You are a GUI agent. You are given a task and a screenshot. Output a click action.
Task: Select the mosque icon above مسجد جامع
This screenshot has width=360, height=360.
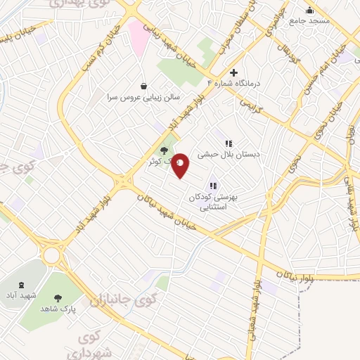point(310,10)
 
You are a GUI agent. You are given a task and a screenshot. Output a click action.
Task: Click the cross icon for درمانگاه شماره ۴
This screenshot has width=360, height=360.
point(234,72)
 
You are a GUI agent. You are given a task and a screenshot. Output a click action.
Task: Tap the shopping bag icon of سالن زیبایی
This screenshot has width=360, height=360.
point(143,86)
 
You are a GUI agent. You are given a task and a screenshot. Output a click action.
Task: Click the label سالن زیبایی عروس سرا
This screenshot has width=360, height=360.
point(143,96)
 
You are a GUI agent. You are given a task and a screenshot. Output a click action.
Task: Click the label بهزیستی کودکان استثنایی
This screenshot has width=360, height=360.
point(214,202)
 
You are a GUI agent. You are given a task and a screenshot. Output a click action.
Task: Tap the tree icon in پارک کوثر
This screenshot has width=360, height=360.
point(165,150)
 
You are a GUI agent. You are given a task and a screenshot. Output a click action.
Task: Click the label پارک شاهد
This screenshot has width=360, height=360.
point(58,309)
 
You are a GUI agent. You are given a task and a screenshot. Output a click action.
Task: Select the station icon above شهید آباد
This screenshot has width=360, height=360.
point(20,285)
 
